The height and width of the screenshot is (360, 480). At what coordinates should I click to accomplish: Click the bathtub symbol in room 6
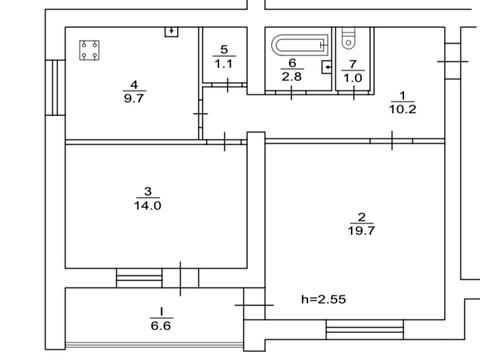click(x=300, y=45)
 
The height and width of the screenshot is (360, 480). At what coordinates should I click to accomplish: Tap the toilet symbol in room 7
click(x=349, y=38)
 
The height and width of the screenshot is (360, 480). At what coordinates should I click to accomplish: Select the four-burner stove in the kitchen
click(x=89, y=50)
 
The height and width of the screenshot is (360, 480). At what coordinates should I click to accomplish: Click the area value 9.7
click(x=134, y=98)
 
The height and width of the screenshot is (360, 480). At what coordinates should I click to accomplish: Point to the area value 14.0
click(x=148, y=205)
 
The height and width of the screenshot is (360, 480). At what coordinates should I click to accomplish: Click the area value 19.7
click(x=362, y=230)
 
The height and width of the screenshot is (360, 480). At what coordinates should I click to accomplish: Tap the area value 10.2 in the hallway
click(x=403, y=109)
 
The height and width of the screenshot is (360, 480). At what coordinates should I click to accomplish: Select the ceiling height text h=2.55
click(x=323, y=299)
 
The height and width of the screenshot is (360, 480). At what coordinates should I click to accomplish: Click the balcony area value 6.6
click(x=161, y=325)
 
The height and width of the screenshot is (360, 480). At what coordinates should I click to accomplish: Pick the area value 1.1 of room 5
click(x=224, y=63)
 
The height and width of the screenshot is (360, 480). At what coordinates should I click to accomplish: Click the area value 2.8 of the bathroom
click(x=292, y=77)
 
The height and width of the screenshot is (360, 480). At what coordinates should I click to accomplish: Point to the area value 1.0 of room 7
click(x=353, y=78)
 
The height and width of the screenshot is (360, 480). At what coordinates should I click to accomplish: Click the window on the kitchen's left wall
click(x=55, y=88)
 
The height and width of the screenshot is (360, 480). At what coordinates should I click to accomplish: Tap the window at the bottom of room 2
click(x=365, y=330)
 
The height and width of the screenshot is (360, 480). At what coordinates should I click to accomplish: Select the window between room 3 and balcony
click(x=139, y=278)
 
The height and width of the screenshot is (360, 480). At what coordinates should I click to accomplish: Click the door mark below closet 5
click(x=228, y=85)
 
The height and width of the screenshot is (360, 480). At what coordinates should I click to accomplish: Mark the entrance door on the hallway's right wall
click(x=453, y=61)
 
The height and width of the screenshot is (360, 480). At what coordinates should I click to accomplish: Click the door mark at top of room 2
click(x=392, y=141)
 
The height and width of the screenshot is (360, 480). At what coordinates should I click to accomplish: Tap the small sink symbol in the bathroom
click(x=326, y=67)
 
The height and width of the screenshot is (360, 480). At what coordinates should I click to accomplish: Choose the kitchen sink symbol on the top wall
click(x=172, y=32)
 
